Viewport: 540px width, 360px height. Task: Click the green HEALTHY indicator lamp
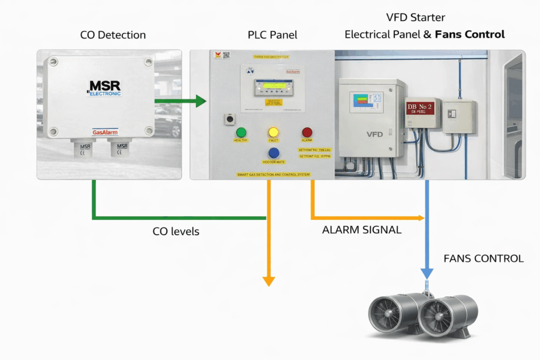click(x=242, y=132)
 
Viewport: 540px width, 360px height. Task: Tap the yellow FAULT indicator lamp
click(x=273, y=132)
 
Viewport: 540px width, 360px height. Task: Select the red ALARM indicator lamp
click(x=306, y=133)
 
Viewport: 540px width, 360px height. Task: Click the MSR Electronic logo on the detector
click(x=104, y=88)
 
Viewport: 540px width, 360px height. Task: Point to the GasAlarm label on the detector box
click(x=105, y=132)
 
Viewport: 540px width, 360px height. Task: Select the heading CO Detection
click(x=113, y=35)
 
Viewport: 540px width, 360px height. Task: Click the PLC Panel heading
click(x=273, y=35)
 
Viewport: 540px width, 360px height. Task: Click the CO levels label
click(x=176, y=231)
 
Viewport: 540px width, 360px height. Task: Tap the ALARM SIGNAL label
click(x=362, y=230)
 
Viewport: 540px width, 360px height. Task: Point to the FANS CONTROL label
click(x=484, y=259)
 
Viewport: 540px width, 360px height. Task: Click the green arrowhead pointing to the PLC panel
click(x=200, y=101)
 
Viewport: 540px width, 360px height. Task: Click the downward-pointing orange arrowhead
click(x=269, y=281)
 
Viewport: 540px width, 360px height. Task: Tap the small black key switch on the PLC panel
click(x=229, y=119)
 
